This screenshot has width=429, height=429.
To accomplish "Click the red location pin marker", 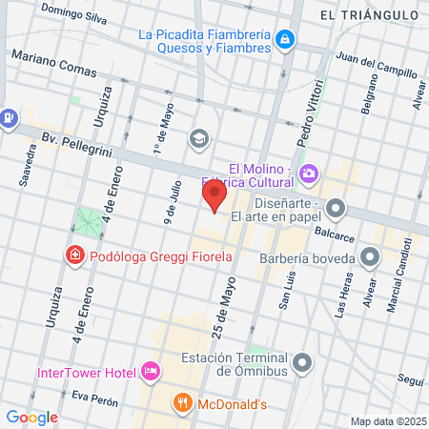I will [x=214, y=197].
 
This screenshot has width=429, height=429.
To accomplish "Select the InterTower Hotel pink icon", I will [x=150, y=370].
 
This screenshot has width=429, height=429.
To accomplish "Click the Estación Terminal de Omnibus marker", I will [x=303, y=362].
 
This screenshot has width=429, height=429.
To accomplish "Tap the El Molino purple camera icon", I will [x=308, y=173].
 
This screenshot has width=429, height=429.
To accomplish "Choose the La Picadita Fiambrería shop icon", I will [x=283, y=39].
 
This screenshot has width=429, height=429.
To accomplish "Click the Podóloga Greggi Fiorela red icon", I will [x=73, y=255].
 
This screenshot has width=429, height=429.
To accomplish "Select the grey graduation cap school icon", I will [x=198, y=138].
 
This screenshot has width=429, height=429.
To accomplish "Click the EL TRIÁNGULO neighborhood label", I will [x=369, y=14].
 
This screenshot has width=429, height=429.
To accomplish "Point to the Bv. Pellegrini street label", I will [x=73, y=140].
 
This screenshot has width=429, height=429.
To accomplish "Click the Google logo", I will [x=31, y=417].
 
